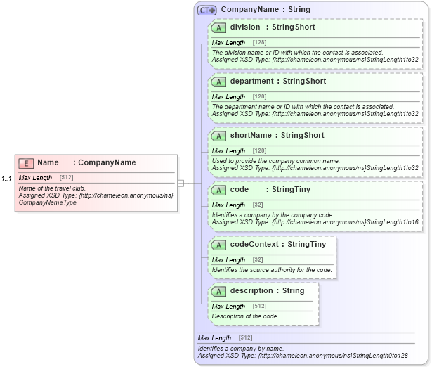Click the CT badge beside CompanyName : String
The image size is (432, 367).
207,11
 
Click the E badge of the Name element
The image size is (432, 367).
25,163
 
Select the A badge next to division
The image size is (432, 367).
218,27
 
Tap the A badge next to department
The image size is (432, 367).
218,82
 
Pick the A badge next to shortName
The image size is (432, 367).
218,136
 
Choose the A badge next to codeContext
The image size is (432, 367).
218,245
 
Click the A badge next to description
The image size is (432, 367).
218,291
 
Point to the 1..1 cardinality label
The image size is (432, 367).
6,179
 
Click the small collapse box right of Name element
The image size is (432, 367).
181,183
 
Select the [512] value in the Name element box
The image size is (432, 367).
67,178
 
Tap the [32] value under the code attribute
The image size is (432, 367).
258,205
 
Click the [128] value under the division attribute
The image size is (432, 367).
259,43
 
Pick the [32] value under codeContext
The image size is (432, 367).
258,260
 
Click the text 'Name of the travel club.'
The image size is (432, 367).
52,188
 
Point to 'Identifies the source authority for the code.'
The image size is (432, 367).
272,270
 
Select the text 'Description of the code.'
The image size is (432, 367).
245,316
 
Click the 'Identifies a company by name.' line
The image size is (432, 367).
240,349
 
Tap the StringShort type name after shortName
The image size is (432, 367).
303,136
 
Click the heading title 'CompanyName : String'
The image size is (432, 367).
265,10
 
